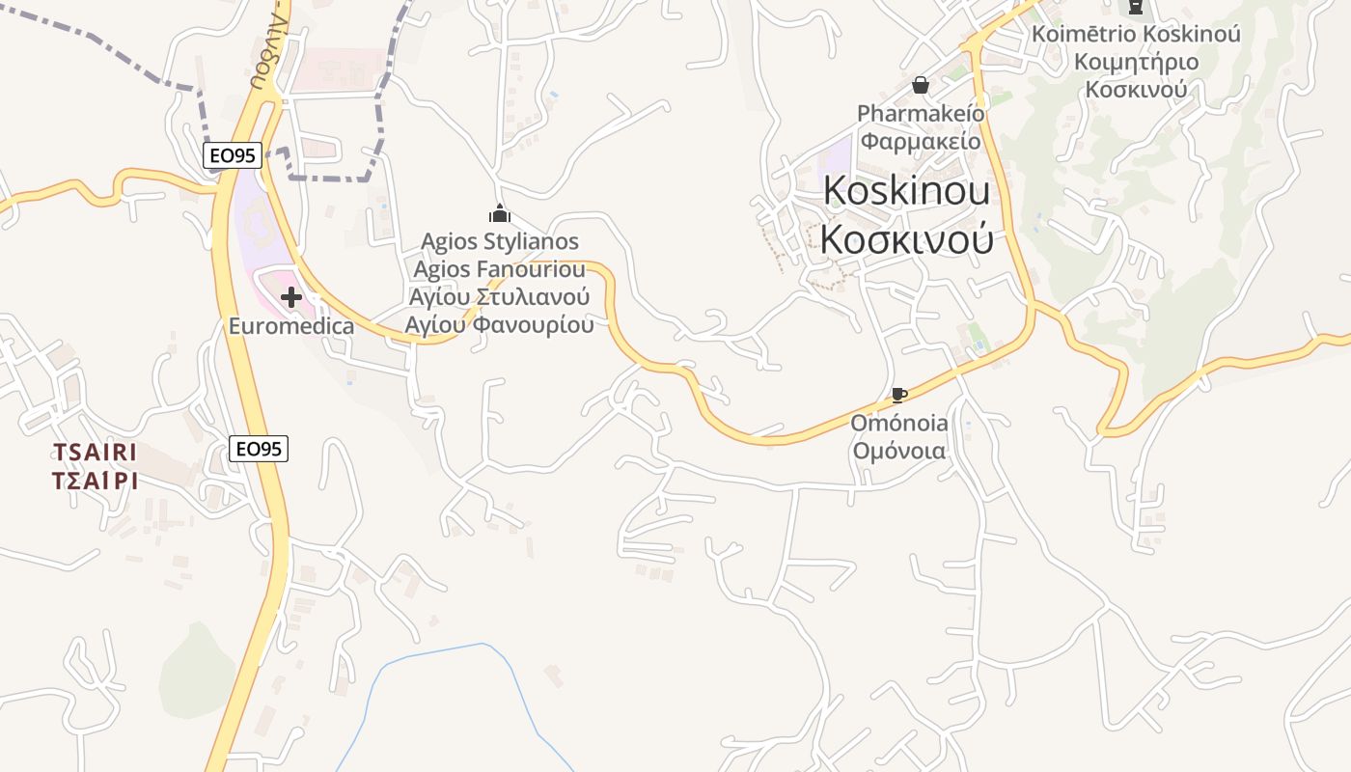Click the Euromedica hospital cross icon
tap(290, 297)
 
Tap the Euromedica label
tap(291, 326)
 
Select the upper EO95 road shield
tap(233, 155)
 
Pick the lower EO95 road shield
tap(260, 448)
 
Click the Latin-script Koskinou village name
tap(906, 191)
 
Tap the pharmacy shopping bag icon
tap(921, 85)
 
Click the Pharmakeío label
tap(921, 114)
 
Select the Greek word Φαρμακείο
tap(921, 141)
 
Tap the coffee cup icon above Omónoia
tap(898, 395)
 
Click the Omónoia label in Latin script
tap(898, 423)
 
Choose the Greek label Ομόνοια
tap(898, 450)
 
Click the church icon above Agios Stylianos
tap(500, 213)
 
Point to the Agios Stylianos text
tap(500, 241)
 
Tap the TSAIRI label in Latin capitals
tap(95, 453)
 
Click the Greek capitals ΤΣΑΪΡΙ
tap(95, 481)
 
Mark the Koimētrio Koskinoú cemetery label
tap(1136, 34)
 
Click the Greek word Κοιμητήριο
tap(1136, 62)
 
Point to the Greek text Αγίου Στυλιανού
tap(500, 296)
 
